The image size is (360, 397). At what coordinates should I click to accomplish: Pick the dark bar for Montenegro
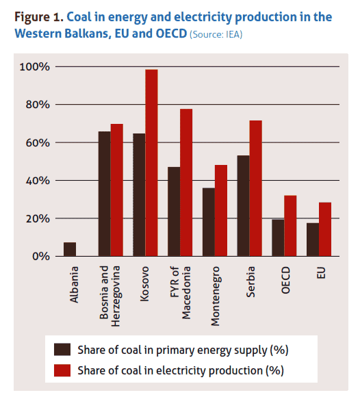pos(208,222)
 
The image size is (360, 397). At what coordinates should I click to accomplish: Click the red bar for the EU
pos(324,229)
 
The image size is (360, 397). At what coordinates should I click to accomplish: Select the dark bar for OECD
pos(277,238)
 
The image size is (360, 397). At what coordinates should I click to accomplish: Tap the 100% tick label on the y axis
pos(34,67)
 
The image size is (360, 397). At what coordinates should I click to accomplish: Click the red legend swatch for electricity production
pos(64,370)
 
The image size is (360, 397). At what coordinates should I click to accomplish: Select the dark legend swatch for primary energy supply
pos(64,350)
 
